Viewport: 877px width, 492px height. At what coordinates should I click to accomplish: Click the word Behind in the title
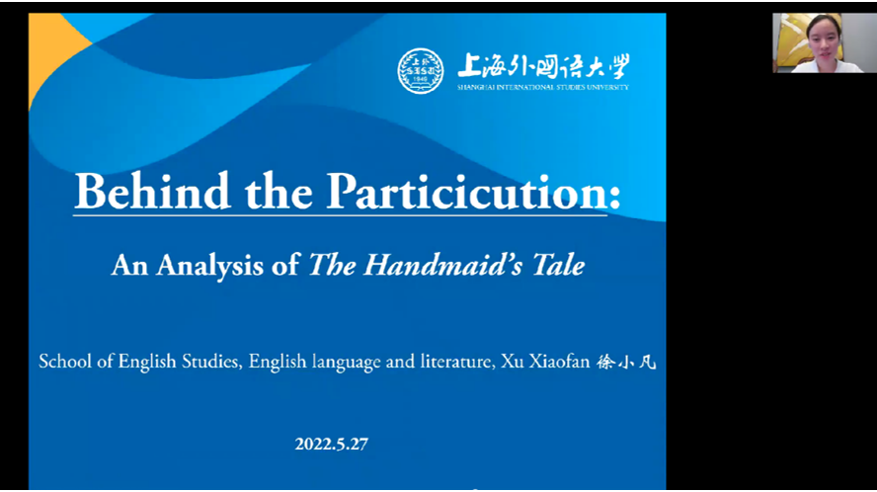pos(152,191)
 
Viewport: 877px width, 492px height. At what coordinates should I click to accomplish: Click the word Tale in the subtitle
pos(558,264)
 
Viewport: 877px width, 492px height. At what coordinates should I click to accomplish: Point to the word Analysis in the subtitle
pos(209,266)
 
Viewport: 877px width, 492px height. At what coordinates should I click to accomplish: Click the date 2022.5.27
pos(331,444)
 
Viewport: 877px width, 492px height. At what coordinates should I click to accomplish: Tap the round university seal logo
pos(421,70)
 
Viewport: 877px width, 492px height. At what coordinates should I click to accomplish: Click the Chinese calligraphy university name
pos(543,66)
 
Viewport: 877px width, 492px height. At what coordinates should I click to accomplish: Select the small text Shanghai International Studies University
pos(542,87)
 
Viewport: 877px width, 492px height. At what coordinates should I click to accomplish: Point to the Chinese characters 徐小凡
pos(626,363)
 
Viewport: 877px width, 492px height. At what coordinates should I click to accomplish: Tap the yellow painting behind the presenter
pos(791,41)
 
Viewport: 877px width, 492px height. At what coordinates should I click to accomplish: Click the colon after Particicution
pos(614,197)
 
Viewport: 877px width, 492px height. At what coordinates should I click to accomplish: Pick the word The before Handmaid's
pos(332,264)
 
